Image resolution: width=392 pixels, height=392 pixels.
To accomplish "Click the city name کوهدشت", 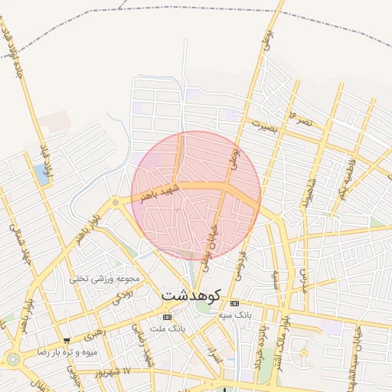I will tap(191, 295).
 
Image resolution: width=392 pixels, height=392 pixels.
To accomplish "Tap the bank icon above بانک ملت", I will tap(167, 317).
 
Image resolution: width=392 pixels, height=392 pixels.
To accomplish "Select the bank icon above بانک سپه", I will tap(234, 304).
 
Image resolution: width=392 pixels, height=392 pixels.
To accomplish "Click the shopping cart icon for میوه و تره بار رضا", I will tap(67, 341).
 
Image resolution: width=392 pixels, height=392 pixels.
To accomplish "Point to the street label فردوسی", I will tap(243, 260).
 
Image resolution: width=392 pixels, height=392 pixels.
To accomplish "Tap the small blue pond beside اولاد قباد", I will tap(41, 174).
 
